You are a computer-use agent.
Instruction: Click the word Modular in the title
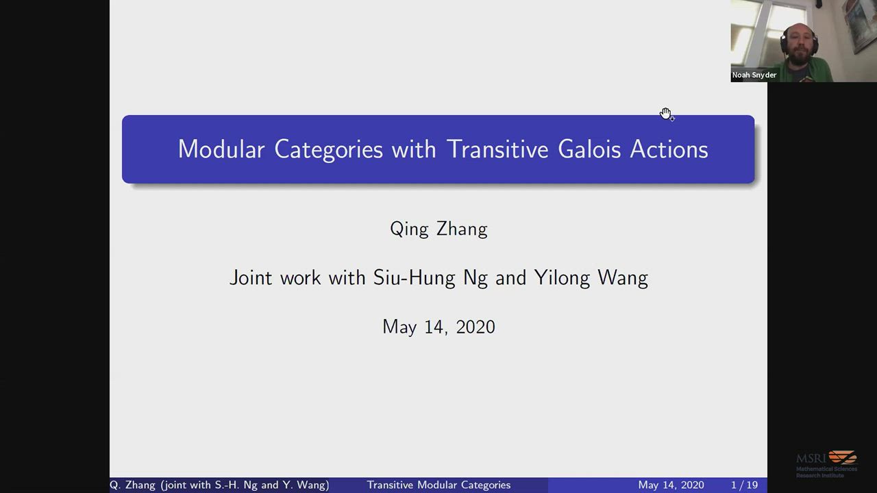pos(221,149)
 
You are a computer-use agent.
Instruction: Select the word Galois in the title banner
pos(589,149)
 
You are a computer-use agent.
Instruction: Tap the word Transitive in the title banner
pos(497,149)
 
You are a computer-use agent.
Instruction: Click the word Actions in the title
pos(669,149)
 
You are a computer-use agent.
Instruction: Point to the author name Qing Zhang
pos(438,229)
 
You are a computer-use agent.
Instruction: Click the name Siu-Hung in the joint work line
pos(415,277)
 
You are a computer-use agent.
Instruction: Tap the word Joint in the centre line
pos(251,277)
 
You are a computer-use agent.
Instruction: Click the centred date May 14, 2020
pos(438,327)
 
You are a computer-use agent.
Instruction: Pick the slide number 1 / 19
pos(744,485)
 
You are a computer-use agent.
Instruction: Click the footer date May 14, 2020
pos(671,485)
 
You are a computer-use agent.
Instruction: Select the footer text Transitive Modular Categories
pos(438,485)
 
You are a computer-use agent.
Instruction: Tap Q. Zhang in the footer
pos(132,485)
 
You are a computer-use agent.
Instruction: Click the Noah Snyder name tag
pos(754,75)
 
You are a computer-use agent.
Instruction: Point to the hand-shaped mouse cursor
pos(666,114)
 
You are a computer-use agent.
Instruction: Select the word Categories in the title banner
pos(328,149)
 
